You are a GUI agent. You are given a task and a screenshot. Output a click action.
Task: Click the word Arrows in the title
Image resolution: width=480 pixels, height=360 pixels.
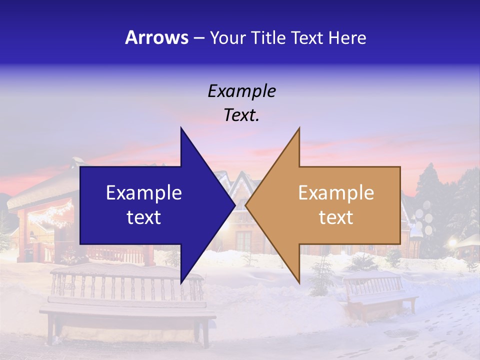[x=156, y=37]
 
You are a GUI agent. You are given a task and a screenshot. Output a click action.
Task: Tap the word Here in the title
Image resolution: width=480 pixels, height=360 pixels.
[x=347, y=37]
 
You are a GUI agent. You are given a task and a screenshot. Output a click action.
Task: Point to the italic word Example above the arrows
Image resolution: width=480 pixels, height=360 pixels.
[x=241, y=91]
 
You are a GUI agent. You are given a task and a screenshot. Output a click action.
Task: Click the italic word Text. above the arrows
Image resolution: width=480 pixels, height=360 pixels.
[x=241, y=115]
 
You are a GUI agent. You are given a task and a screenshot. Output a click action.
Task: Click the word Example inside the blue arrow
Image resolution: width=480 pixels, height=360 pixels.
[x=144, y=193]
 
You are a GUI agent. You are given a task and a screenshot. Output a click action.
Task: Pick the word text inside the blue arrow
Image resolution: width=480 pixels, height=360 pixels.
[x=144, y=217]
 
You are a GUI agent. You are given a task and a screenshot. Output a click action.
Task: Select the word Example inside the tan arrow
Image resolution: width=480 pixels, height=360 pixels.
[x=336, y=193]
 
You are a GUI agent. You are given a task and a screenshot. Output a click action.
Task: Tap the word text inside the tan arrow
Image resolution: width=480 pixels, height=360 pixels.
[x=336, y=217]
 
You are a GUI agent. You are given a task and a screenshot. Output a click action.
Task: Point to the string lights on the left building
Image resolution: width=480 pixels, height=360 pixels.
[x=50, y=215]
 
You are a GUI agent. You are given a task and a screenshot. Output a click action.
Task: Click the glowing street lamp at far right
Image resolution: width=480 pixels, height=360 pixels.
[x=452, y=243]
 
